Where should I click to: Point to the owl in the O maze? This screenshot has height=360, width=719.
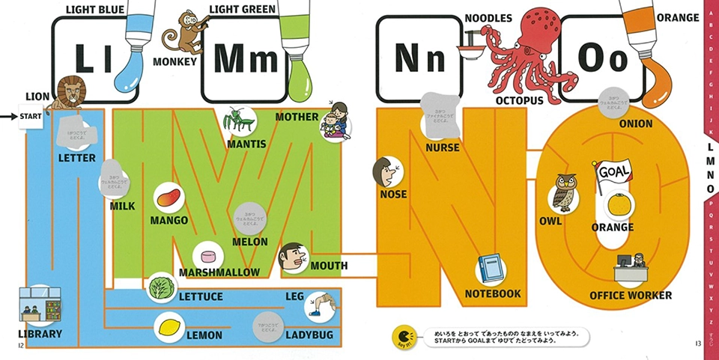[x=563, y=194]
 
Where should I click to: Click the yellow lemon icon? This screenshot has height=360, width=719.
[x=169, y=326]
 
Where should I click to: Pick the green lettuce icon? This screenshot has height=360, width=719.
[x=161, y=287]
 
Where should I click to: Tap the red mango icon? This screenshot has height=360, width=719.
[x=168, y=198]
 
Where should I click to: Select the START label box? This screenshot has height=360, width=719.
[x=31, y=117]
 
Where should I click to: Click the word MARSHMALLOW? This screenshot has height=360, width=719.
[x=219, y=272]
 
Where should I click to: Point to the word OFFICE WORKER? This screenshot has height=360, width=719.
[x=631, y=296]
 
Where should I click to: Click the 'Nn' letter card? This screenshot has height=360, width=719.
[x=419, y=58]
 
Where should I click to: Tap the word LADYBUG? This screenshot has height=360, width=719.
[x=309, y=335]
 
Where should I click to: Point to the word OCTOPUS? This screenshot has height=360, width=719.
[x=521, y=100]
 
